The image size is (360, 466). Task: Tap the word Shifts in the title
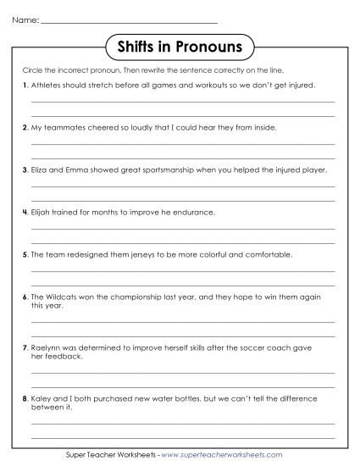tap(138, 43)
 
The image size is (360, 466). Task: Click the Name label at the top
tap(25, 19)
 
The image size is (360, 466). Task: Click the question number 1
tap(24, 86)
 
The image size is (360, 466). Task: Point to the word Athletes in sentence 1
tap(45, 86)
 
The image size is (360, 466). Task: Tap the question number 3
tap(24, 169)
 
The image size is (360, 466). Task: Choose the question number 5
tap(24, 253)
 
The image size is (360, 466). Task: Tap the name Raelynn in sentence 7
tap(43, 348)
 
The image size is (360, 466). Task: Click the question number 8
tap(24, 399)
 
